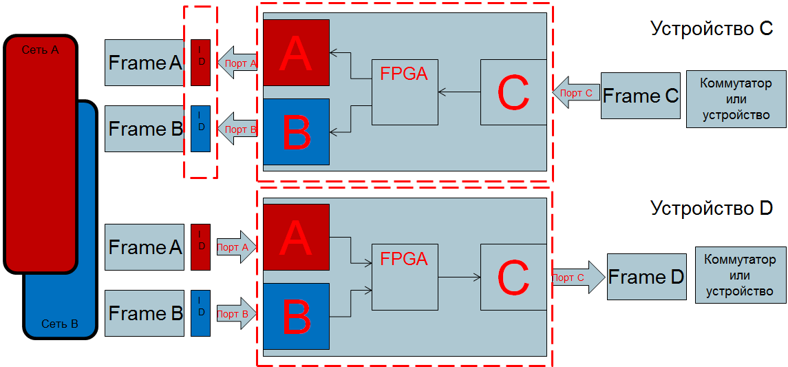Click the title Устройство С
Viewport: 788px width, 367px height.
(712, 29)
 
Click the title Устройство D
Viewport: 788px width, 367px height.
(712, 208)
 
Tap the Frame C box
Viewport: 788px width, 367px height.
(640, 96)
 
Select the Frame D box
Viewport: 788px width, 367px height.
(646, 277)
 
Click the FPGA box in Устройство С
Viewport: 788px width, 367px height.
(405, 92)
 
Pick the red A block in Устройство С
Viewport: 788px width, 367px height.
(296, 53)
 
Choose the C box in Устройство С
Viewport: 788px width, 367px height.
(513, 92)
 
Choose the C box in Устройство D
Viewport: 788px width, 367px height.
(513, 277)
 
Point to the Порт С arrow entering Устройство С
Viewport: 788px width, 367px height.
(575, 93)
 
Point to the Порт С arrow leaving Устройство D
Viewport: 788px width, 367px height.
(577, 277)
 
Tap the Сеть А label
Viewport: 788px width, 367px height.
(41, 50)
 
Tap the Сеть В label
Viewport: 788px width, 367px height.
(60, 324)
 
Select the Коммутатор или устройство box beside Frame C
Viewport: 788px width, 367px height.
(736, 99)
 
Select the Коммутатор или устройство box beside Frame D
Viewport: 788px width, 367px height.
(740, 275)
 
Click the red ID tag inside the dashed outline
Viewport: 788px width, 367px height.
(200, 63)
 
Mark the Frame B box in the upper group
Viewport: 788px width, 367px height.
(145, 129)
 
